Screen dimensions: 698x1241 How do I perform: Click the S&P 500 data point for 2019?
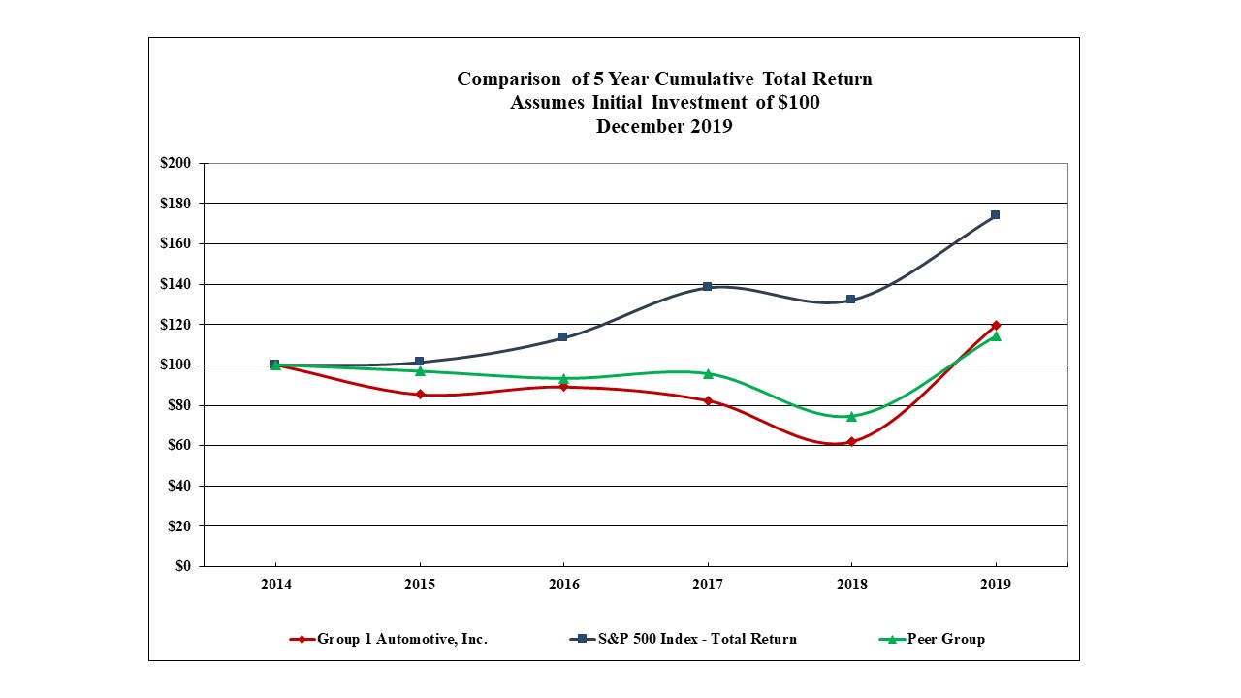[996, 215]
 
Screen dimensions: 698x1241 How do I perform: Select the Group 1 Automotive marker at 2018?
[851, 442]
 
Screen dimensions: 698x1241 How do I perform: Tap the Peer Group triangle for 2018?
[851, 417]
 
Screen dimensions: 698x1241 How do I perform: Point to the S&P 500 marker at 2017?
[708, 287]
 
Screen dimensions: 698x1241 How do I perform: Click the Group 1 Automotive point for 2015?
[420, 395]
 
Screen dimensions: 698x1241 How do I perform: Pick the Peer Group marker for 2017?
[708, 373]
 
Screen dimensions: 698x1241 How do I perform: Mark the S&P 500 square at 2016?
[563, 337]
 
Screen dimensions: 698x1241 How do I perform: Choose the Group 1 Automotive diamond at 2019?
[996, 325]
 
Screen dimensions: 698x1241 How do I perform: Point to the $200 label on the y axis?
[175, 163]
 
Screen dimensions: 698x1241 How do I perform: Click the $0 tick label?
[182, 566]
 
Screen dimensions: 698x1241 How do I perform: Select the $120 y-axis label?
[175, 324]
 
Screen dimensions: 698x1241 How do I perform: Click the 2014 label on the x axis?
[275, 585]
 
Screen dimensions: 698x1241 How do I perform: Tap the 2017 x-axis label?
[708, 585]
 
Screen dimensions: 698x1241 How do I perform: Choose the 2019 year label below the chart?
[996, 585]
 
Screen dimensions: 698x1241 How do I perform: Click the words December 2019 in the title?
[664, 127]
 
